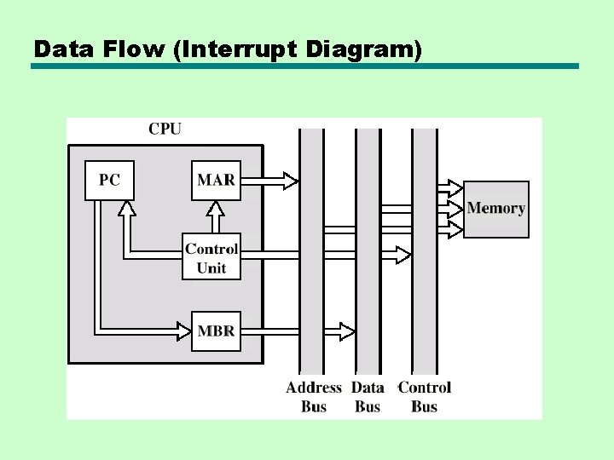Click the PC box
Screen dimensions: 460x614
(110, 181)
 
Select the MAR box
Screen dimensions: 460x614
(216, 181)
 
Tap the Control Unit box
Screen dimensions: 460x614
(211, 256)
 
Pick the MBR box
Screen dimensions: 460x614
(216, 331)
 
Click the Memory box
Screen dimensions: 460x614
(495, 209)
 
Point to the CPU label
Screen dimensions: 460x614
(165, 129)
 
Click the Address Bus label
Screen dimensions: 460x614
(314, 397)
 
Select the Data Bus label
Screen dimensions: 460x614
(368, 397)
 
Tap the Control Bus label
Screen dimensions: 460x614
(425, 397)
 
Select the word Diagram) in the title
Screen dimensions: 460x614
(362, 49)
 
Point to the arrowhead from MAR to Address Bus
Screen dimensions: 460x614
(290, 181)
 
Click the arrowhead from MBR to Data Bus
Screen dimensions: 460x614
(347, 331)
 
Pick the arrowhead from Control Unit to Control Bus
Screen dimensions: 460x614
(403, 255)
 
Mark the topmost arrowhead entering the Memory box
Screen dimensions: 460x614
(455, 187)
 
